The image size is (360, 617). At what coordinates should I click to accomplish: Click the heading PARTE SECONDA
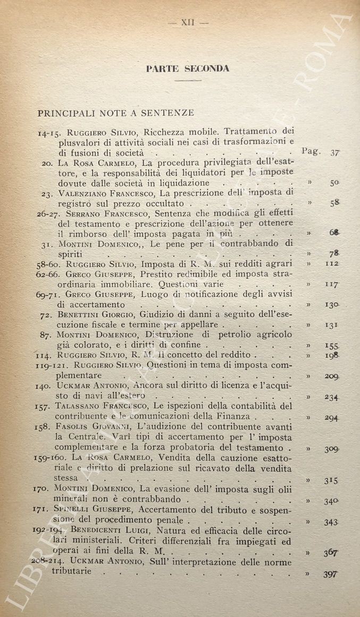(x=187, y=69)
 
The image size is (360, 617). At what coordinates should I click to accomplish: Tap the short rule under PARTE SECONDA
(x=187, y=80)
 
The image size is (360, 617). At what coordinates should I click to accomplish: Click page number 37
(x=334, y=153)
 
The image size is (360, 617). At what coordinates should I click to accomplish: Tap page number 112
(x=332, y=264)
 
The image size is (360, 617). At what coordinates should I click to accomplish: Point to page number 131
(x=332, y=325)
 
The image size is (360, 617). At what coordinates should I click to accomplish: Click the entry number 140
(x=43, y=386)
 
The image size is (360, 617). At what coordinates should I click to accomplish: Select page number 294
(x=332, y=418)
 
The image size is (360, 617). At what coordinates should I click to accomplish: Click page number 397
(x=331, y=574)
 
